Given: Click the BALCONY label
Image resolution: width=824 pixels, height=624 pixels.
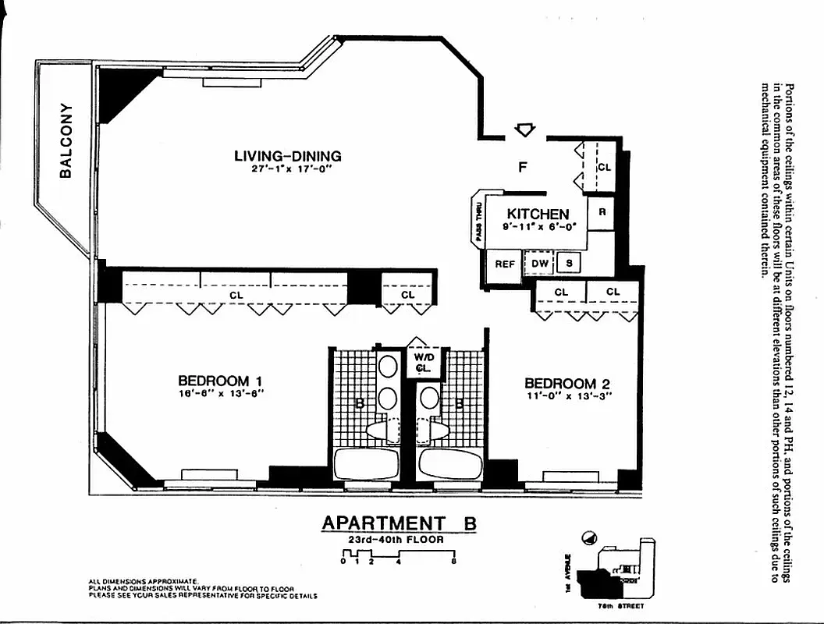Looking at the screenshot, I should [66, 141].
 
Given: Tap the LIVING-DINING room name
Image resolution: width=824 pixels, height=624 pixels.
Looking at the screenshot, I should [288, 156].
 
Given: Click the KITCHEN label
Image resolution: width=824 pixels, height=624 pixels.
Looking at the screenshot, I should [538, 214].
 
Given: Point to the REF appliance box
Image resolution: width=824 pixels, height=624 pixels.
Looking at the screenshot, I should [505, 264].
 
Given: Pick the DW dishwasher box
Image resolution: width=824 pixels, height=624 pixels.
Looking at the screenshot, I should [540, 264].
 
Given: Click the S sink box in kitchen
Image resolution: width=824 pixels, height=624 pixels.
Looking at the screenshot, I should [569, 264].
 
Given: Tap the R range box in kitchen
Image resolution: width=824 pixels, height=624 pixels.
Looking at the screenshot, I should [602, 212].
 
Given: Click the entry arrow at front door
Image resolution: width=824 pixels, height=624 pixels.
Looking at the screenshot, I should [526, 129].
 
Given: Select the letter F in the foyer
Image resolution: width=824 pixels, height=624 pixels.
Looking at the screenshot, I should [524, 165].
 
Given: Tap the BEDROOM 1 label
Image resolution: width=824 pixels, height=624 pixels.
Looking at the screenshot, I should [220, 381].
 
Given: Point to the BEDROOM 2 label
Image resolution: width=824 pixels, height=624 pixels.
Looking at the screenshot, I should [566, 383].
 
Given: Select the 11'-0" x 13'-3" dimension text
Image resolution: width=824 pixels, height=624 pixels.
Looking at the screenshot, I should [566, 395].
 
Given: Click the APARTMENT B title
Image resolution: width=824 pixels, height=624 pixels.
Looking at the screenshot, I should [399, 523].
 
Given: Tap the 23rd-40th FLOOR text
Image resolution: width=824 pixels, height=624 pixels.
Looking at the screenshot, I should [396, 540].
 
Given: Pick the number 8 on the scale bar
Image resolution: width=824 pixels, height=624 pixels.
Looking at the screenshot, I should [453, 561].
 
